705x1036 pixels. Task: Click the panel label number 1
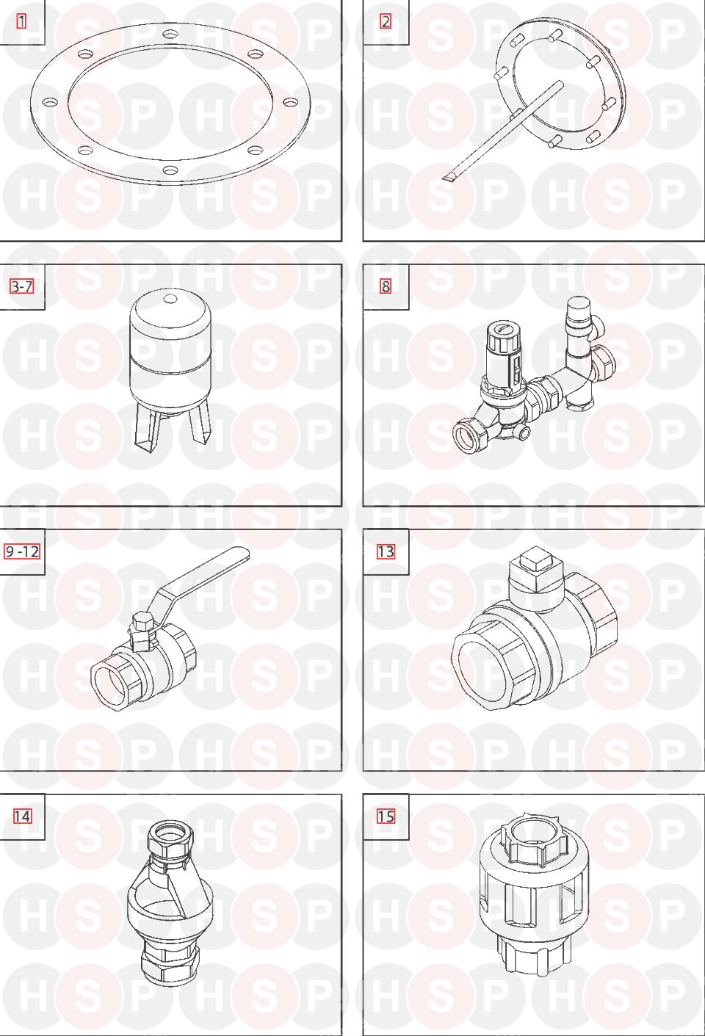tap(21, 21)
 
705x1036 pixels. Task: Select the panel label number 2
tap(386, 21)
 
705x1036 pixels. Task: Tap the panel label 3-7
tap(22, 287)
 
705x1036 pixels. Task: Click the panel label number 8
tap(386, 287)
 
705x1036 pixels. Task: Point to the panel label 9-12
tap(22, 551)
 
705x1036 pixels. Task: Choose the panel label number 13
tap(386, 551)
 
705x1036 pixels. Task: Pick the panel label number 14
tap(22, 816)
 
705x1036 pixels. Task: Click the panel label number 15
tap(386, 816)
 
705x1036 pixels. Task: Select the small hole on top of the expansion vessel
tap(170, 298)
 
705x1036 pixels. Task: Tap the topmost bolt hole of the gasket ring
tap(170, 35)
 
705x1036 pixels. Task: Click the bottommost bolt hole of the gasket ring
tap(171, 170)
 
